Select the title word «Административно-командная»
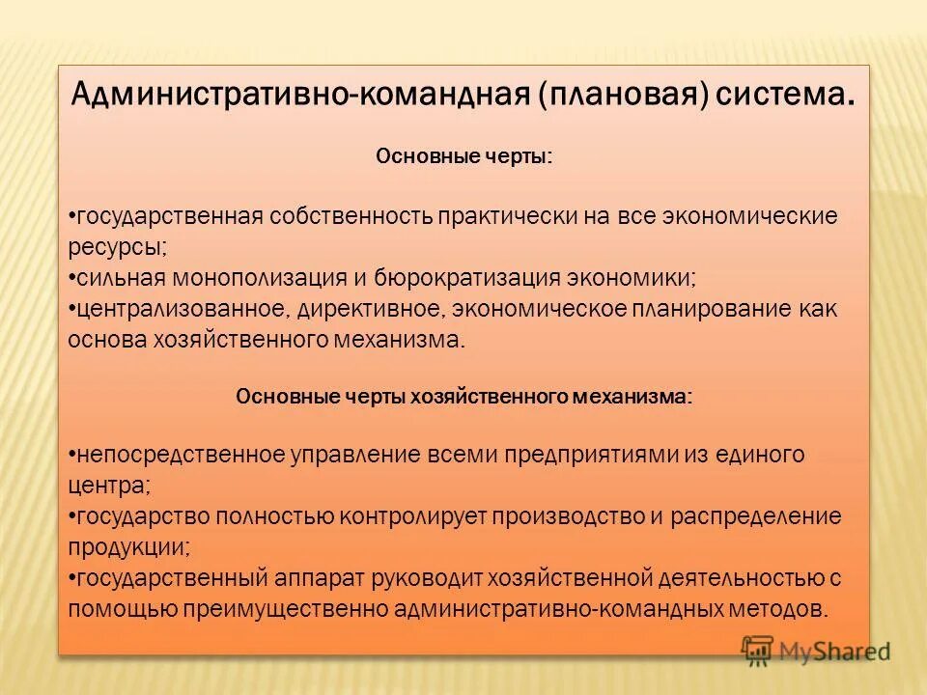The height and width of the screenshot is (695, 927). point(297,96)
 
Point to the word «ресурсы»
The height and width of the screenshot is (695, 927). point(117,247)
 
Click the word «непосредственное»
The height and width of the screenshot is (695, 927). point(181,454)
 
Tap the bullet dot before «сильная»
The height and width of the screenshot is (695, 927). point(73,278)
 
